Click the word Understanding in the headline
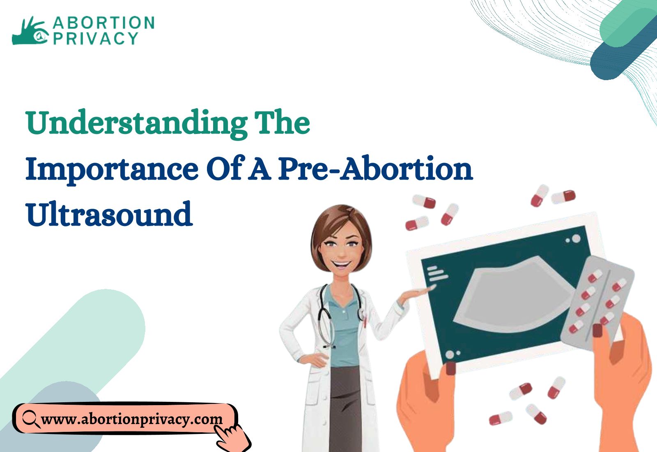(136, 124)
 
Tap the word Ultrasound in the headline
(109, 213)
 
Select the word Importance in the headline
(112, 170)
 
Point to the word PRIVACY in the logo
(96, 38)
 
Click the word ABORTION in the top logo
(103, 23)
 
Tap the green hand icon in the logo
(29, 31)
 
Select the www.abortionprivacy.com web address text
(132, 419)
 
